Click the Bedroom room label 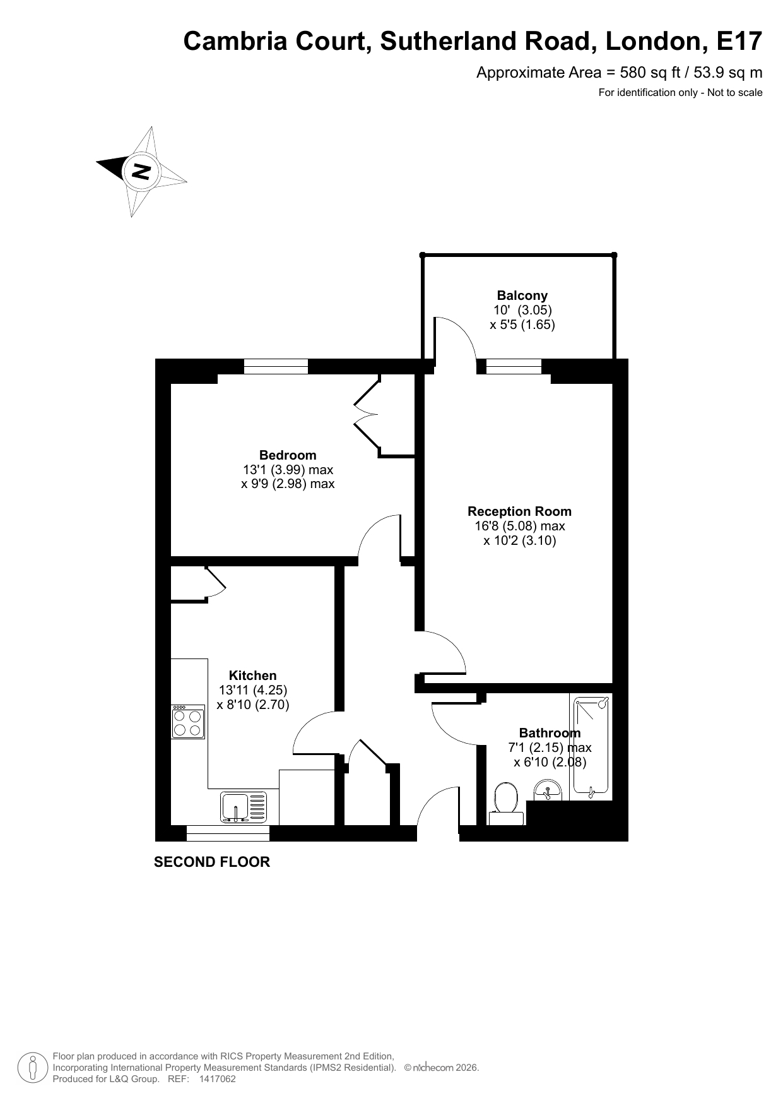click(288, 455)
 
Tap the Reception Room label click(519, 511)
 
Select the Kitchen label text click(252, 676)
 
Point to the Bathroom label click(550, 733)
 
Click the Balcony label click(522, 295)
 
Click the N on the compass click(141, 171)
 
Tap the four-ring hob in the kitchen click(188, 722)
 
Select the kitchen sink click(244, 807)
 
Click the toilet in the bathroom click(507, 804)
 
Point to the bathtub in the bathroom click(591, 746)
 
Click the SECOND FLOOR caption click(212, 862)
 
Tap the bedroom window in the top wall click(276, 366)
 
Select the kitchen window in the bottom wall click(228, 833)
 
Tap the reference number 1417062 click(217, 1080)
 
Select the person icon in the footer click(33, 1068)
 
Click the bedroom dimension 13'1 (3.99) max click(288, 470)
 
